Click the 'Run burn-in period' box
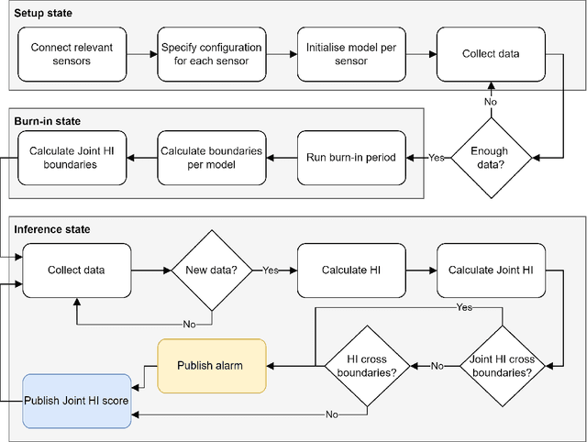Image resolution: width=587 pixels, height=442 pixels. (x=351, y=157)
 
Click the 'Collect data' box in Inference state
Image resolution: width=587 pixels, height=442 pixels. (x=76, y=271)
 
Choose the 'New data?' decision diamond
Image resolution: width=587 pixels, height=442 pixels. (x=212, y=271)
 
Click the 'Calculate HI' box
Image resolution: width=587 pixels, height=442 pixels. (x=351, y=271)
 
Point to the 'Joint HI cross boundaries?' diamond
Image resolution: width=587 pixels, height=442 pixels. (x=500, y=366)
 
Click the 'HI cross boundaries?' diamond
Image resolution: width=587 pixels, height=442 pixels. (x=367, y=366)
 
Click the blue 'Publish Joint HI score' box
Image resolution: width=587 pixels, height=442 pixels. (x=76, y=402)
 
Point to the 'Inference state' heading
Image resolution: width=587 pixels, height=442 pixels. (x=52, y=227)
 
